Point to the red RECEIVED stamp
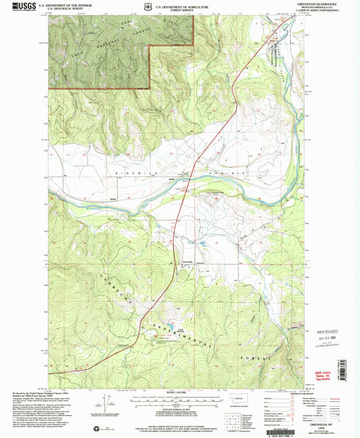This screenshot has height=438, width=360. tap(335, 332)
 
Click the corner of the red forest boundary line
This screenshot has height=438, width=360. tap(149, 88)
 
